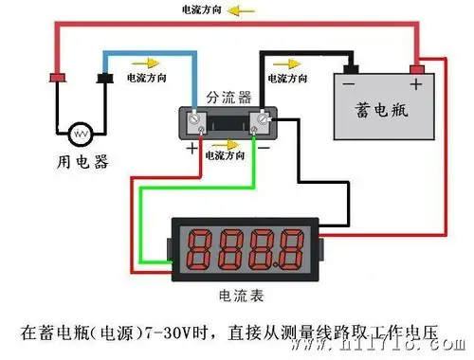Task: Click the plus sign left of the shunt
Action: (192, 149)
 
